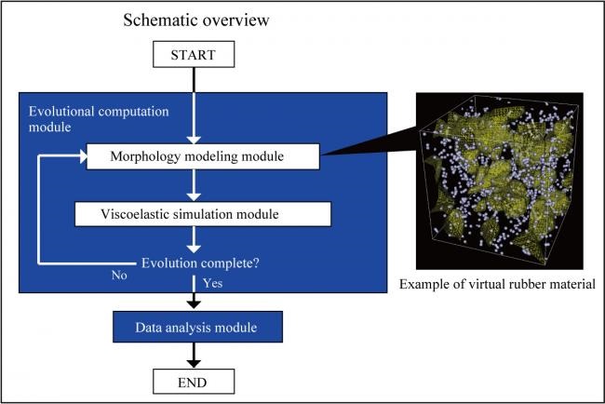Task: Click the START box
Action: [194, 54]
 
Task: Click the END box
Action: [194, 382]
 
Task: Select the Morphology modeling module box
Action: [203, 156]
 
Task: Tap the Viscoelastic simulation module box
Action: [203, 214]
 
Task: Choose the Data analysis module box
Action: [197, 327]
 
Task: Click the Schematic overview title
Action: [196, 20]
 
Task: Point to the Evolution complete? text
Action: [200, 263]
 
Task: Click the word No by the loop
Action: [119, 276]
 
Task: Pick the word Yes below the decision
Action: [213, 283]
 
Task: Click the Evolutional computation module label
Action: [99, 119]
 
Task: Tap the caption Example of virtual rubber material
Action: [497, 284]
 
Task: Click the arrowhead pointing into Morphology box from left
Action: [83, 156]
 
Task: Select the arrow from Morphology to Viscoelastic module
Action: [194, 185]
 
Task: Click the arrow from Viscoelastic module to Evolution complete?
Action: [194, 239]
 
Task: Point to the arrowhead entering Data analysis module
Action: [194, 304]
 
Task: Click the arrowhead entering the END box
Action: [194, 363]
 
